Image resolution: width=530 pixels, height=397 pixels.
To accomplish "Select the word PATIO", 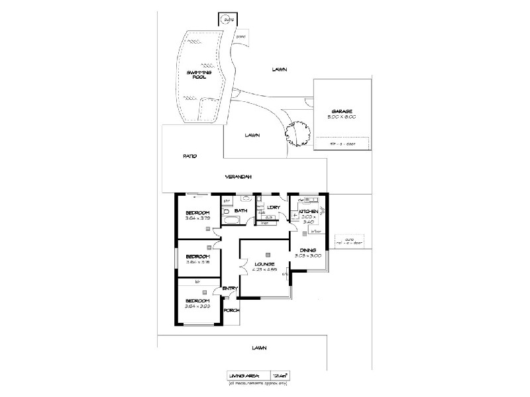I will pyautogui.click(x=191, y=156).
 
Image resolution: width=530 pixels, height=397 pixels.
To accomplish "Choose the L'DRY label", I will pyautogui.click(x=273, y=208).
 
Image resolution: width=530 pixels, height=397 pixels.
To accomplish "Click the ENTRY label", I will pyautogui.click(x=230, y=288).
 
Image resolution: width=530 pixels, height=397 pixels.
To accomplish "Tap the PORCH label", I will pyautogui.click(x=231, y=310).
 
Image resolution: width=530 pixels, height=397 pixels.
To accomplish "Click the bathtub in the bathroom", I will pyautogui.click(x=232, y=219).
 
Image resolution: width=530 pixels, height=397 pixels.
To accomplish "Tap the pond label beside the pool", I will pyautogui.click(x=241, y=37).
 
